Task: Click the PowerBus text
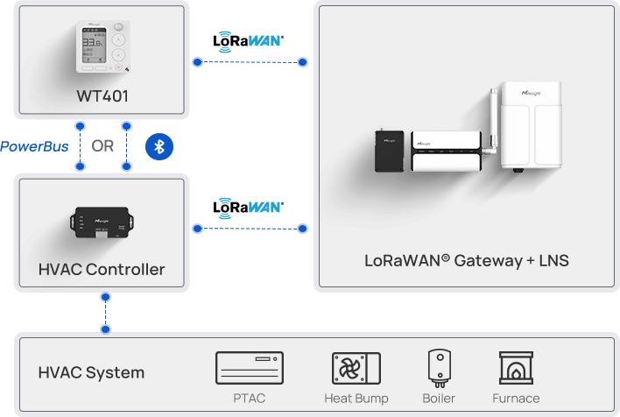35,146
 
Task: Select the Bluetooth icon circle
159,146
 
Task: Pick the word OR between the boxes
102,146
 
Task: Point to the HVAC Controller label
102,269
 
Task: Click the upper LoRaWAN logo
249,40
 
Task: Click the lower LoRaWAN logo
249,208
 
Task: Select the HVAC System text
91,372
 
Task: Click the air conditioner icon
250,368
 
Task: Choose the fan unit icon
356,368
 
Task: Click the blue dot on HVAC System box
106,330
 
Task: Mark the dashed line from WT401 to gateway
250,62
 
